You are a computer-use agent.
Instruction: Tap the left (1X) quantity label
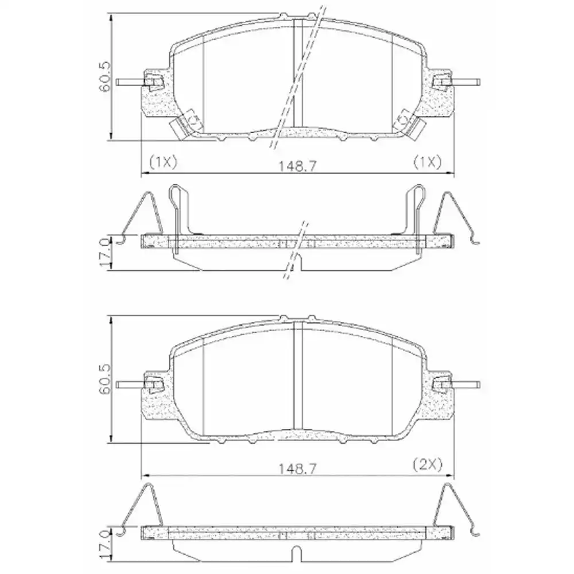coord(163,162)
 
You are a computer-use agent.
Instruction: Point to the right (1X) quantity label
coord(428,162)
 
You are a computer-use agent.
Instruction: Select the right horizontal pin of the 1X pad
coord(465,82)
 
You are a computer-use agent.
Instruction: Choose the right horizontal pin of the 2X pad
coord(465,384)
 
